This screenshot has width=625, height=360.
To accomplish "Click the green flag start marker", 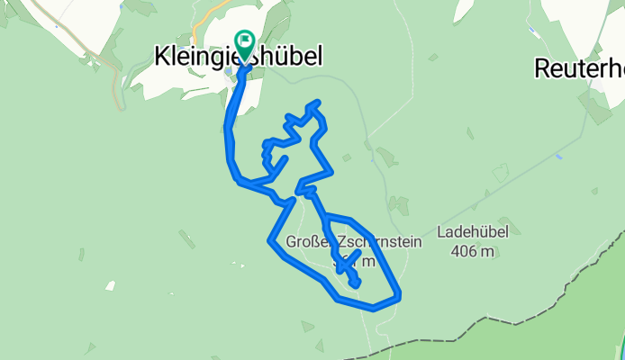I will click(244, 40).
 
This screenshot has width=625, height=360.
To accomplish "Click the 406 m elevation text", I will click(473, 251).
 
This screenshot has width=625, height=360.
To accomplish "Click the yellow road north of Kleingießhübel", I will click(212, 13).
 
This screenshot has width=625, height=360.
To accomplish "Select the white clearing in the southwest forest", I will click(110, 286).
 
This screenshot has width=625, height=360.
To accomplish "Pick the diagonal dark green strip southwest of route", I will click(186, 239).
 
